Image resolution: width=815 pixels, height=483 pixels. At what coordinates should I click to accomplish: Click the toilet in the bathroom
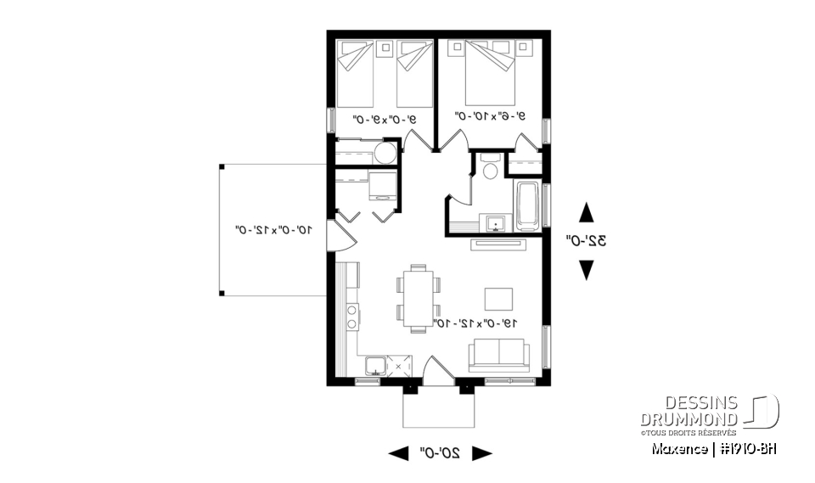click(x=489, y=168)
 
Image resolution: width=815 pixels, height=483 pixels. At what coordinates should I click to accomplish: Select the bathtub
click(x=526, y=205)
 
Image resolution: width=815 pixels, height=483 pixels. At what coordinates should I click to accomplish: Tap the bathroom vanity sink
click(x=496, y=223)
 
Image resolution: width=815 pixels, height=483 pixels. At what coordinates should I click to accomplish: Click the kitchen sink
click(x=375, y=366)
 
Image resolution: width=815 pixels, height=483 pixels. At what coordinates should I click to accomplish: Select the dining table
click(x=417, y=297)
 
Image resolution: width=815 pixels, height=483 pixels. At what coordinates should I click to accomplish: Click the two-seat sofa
click(x=500, y=355)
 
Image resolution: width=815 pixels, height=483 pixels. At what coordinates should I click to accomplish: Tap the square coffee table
click(x=499, y=299)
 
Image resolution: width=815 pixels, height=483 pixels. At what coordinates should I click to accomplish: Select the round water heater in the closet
click(x=385, y=154)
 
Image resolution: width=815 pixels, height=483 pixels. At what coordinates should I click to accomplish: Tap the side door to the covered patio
click(x=339, y=233)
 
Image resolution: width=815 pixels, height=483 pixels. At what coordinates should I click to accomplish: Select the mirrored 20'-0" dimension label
click(x=439, y=453)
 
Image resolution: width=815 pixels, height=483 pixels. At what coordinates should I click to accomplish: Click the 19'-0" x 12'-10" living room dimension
click(x=475, y=323)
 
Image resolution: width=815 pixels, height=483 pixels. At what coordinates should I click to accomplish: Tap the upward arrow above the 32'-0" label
click(x=586, y=212)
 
